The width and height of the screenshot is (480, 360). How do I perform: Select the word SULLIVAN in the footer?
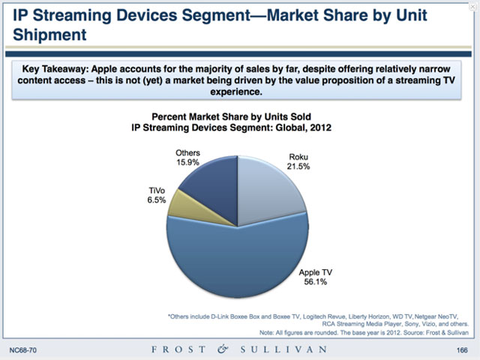pos(283,350)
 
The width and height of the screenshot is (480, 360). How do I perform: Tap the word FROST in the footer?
pos(173,350)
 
